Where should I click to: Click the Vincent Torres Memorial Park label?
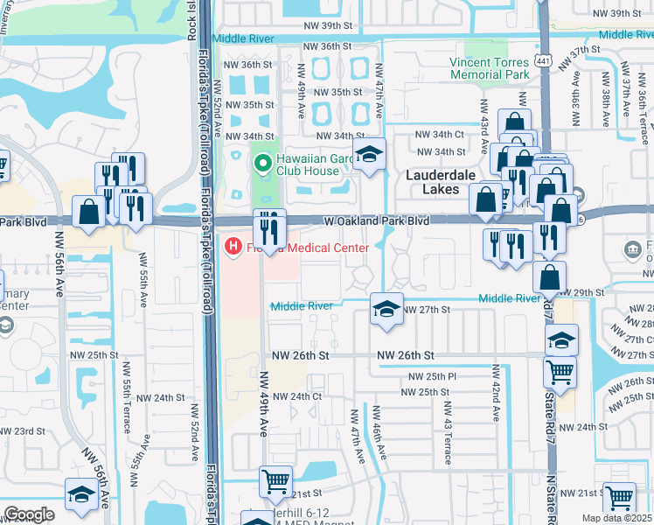[490, 68]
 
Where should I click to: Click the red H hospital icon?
[233, 248]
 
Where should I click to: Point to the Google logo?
[29, 514]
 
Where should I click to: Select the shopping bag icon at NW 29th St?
[549, 277]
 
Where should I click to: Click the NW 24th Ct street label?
[298, 396]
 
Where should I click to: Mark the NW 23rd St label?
[21, 431]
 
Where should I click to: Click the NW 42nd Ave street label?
[495, 394]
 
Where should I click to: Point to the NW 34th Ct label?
[440, 134]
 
